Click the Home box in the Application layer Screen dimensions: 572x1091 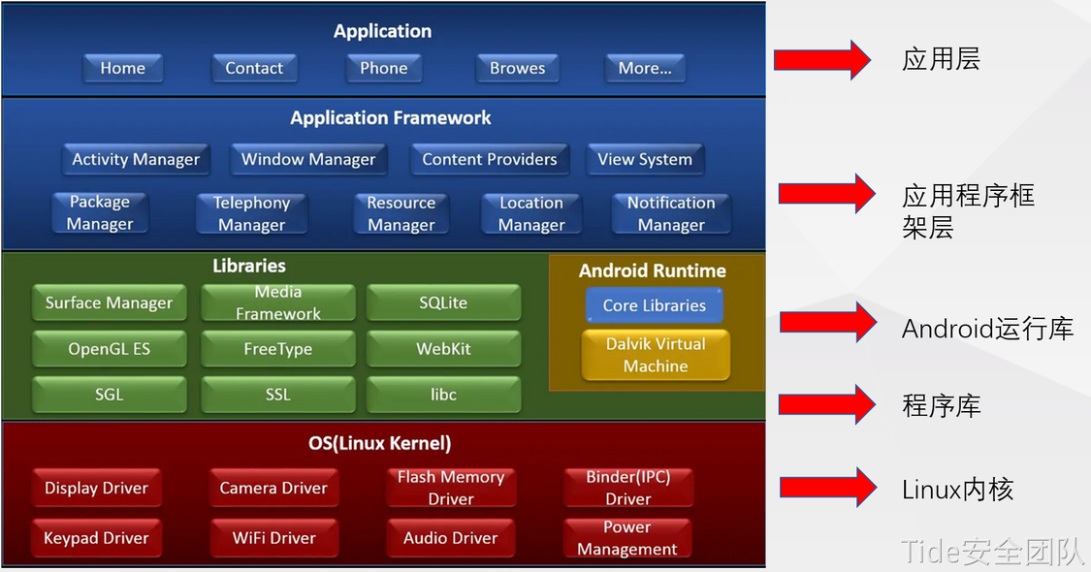pyautogui.click(x=122, y=69)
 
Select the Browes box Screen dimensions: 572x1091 pyautogui.click(x=517, y=69)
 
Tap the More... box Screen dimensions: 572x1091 pyautogui.click(x=645, y=69)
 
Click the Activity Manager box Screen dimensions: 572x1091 pyautogui.click(x=136, y=160)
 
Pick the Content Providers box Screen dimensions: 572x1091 pyautogui.click(x=490, y=160)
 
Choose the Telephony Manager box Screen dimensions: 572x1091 pyautogui.click(x=251, y=214)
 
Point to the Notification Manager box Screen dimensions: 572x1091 pyautogui.click(x=671, y=214)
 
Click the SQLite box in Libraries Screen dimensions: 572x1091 pyautogui.click(x=443, y=303)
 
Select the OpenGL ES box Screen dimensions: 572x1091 pyautogui.click(x=109, y=349)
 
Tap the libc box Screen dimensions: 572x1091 pyautogui.click(x=443, y=395)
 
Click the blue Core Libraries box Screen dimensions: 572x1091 pyautogui.click(x=655, y=305)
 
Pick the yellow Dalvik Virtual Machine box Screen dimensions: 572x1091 pyautogui.click(x=656, y=355)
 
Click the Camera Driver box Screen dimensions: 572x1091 pyautogui.click(x=273, y=489)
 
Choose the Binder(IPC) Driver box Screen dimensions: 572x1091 pyautogui.click(x=628, y=488)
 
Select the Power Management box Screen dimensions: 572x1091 pyautogui.click(x=626, y=538)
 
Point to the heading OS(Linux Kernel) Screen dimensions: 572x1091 pyautogui.click(x=380, y=444)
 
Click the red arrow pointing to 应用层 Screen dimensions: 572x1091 pyautogui.click(x=822, y=60)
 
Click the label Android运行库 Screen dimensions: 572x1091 pyautogui.click(x=986, y=329)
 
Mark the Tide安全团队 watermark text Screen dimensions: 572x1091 pyautogui.click(x=991, y=551)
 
